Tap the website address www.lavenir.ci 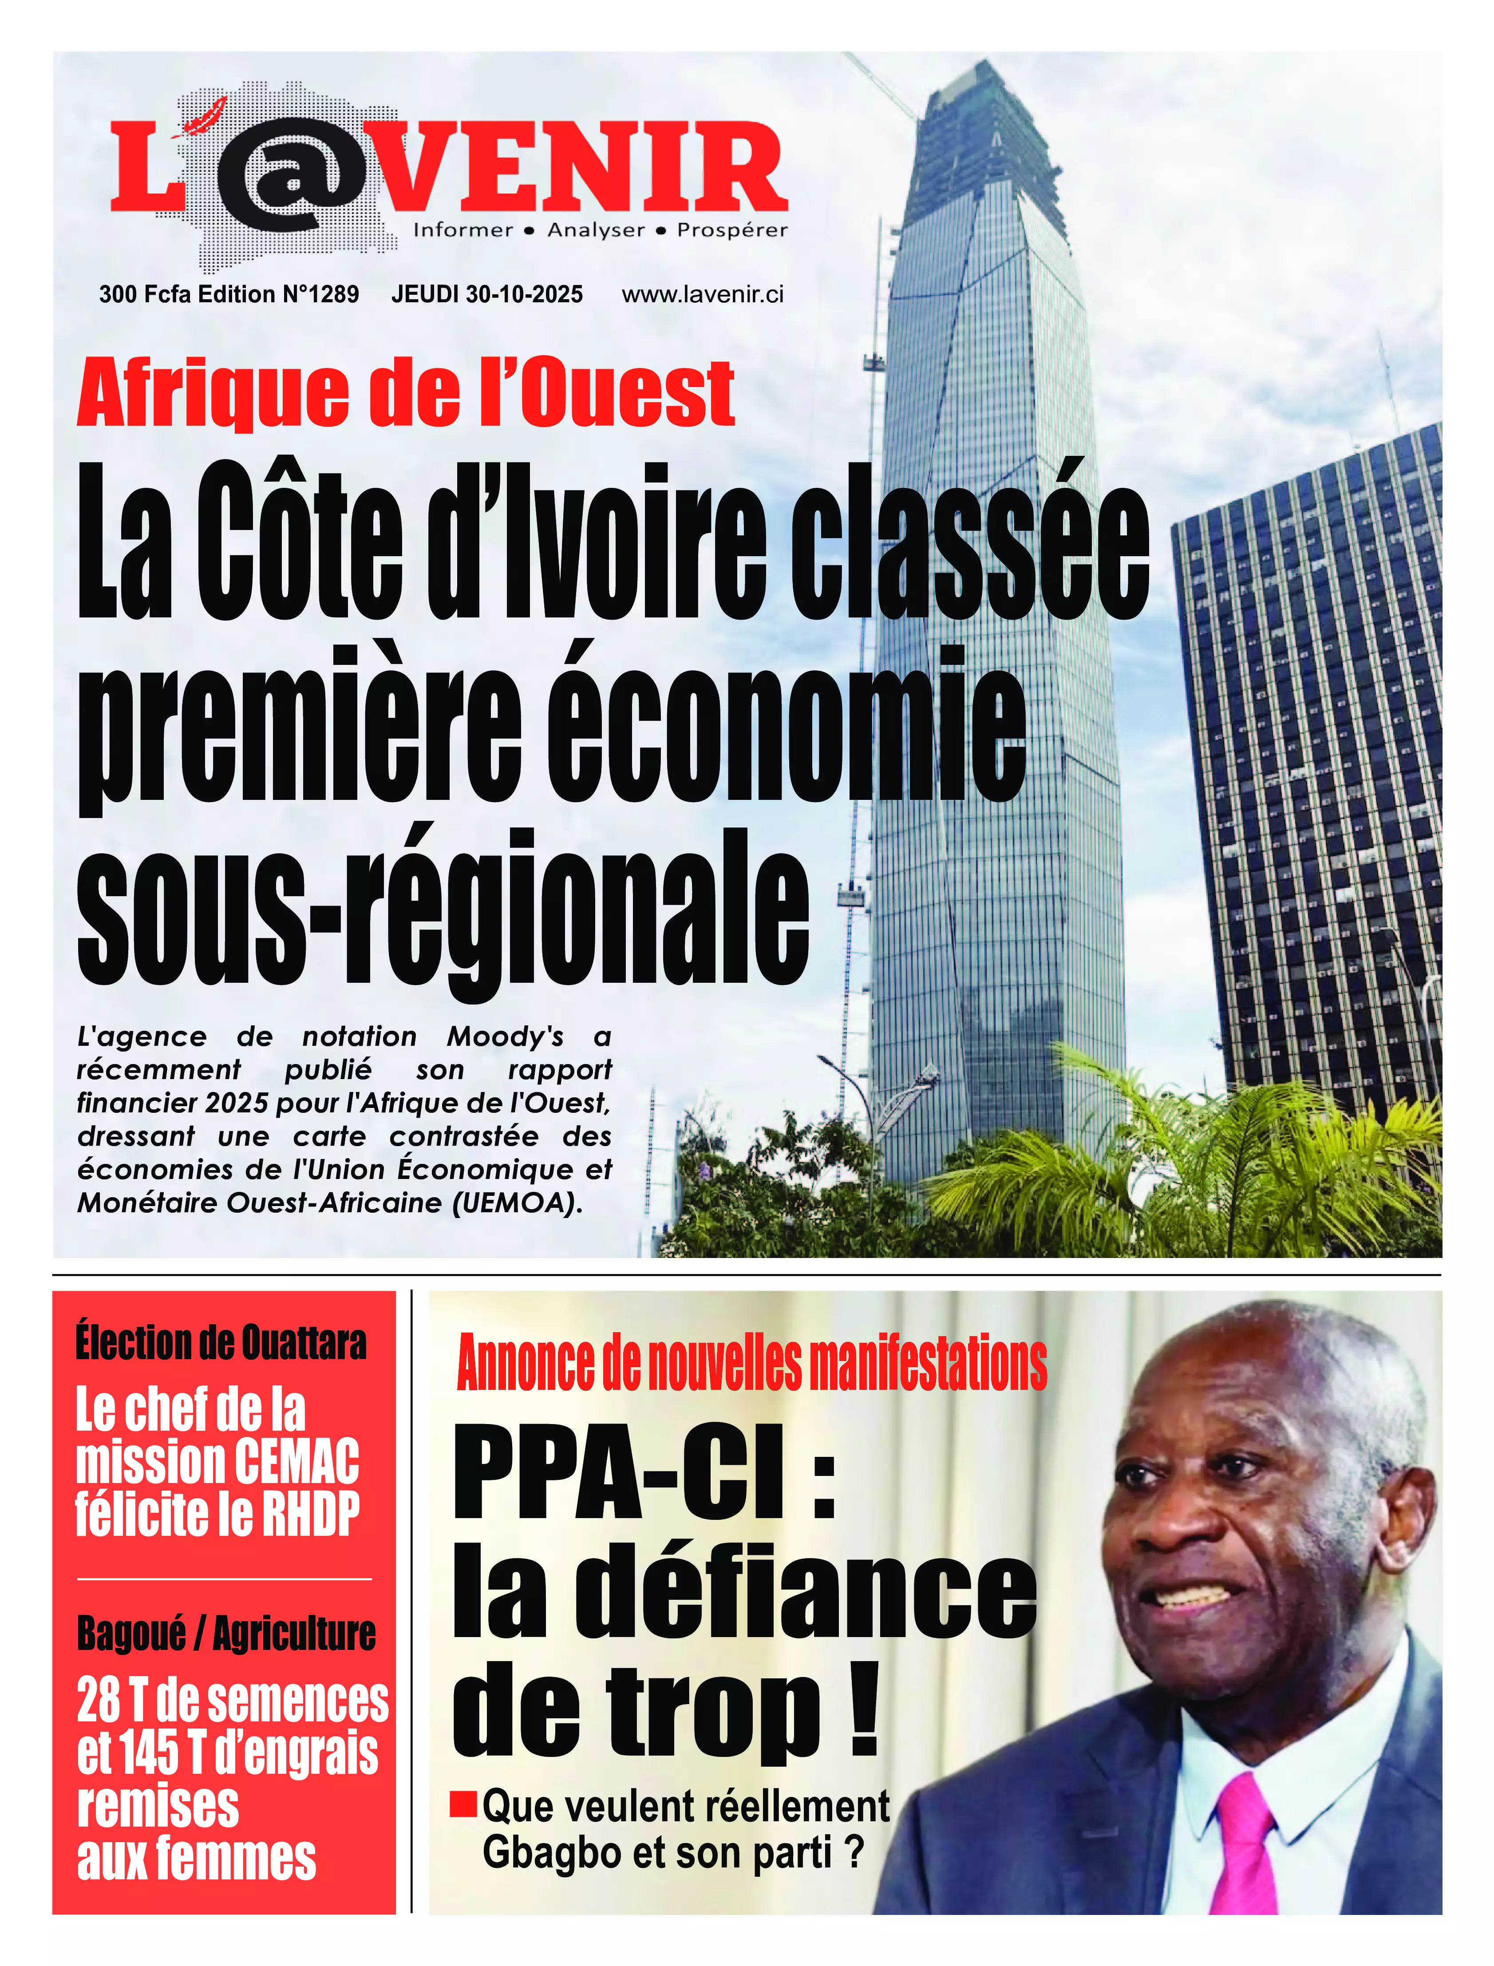[703, 294]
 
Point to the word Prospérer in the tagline [732, 230]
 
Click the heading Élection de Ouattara [221, 1343]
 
